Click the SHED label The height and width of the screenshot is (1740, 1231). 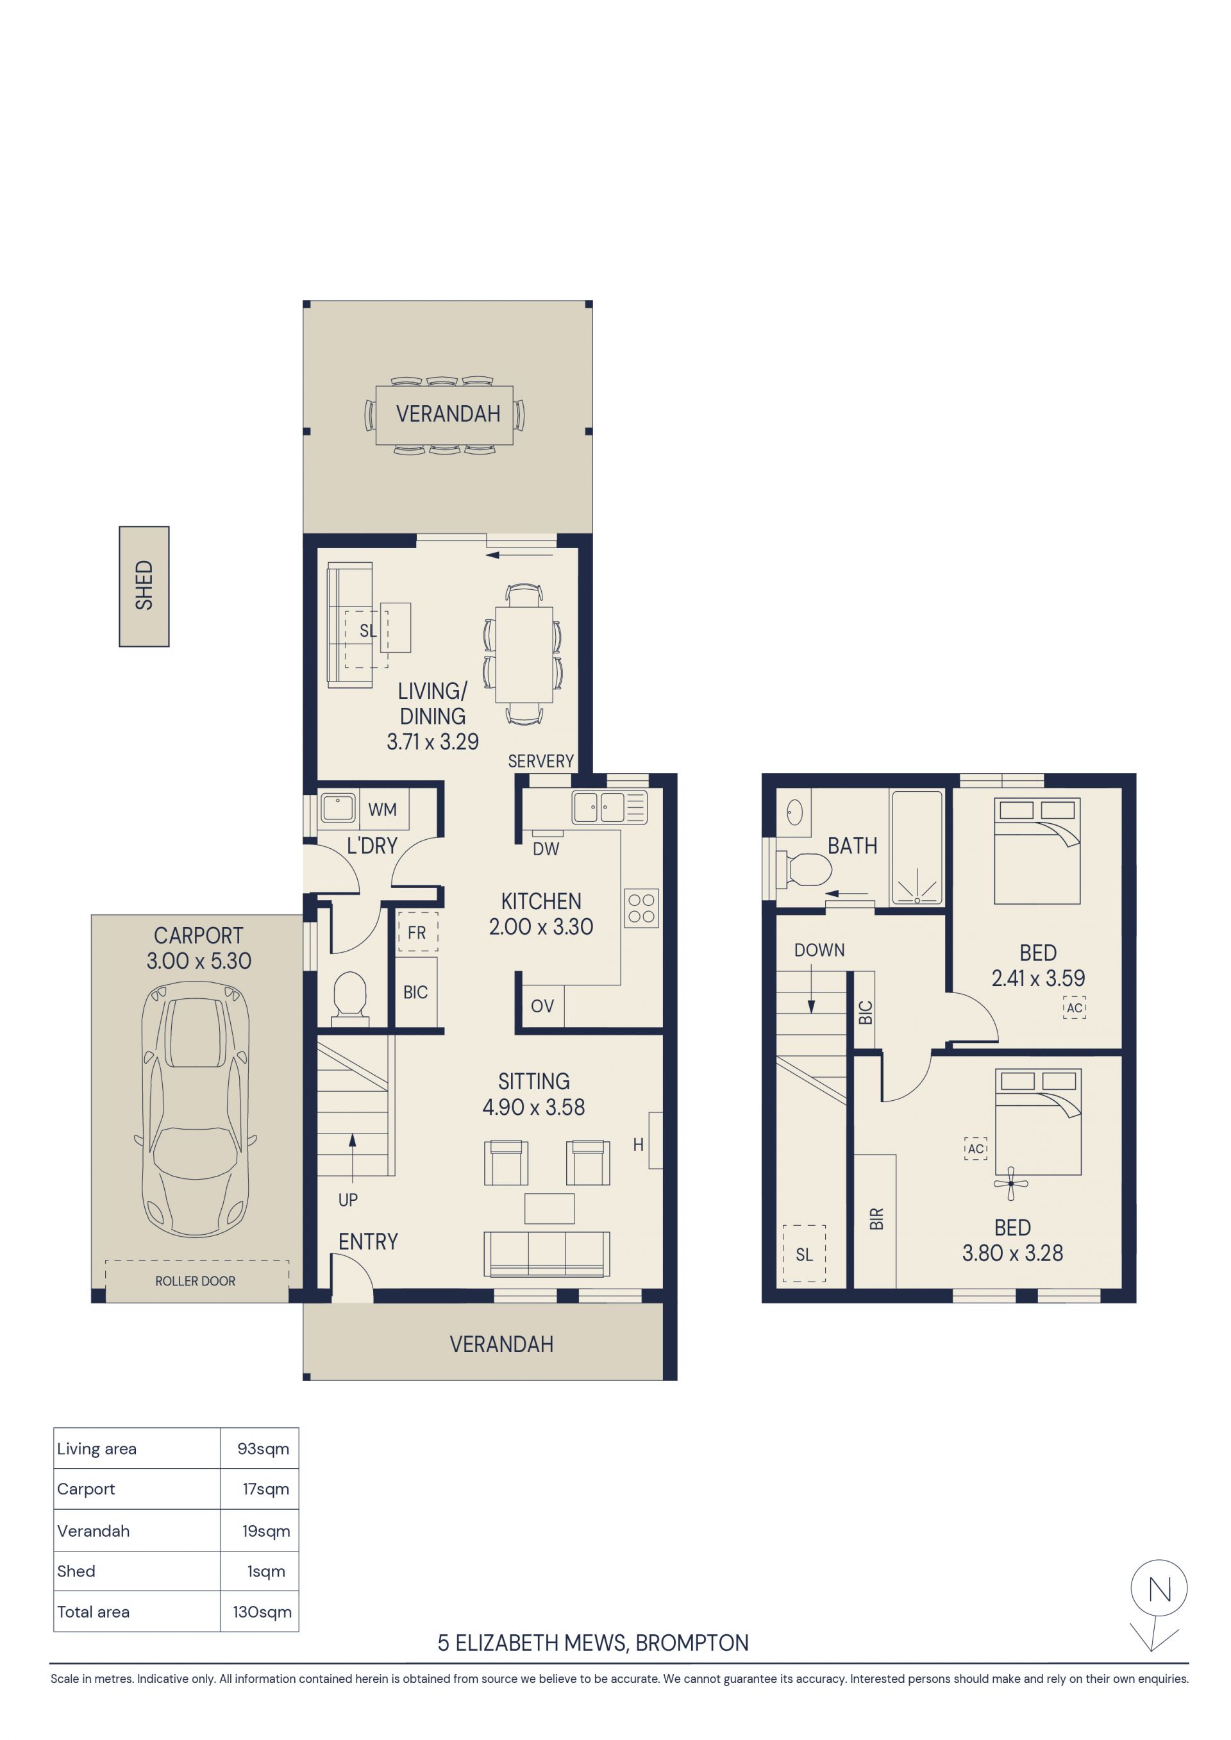(x=144, y=585)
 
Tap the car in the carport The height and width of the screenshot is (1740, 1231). (x=196, y=1108)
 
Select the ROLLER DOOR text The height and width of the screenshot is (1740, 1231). (x=196, y=1281)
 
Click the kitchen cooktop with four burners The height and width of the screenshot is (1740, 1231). (x=641, y=908)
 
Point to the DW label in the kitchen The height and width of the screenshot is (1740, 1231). (x=546, y=849)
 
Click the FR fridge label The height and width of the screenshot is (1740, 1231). (x=417, y=933)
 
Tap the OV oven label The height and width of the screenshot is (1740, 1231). (x=542, y=1007)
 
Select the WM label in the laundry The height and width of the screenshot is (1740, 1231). (x=382, y=809)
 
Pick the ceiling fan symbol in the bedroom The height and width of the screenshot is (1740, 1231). (x=1010, y=1184)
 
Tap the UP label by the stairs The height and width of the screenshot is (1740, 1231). (x=348, y=1200)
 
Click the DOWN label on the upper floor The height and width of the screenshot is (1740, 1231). (x=819, y=950)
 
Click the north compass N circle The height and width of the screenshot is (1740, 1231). (x=1159, y=1589)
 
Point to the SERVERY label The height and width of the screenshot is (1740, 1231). (x=540, y=761)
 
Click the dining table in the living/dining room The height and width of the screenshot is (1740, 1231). (x=524, y=655)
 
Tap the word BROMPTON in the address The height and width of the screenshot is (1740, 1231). (x=692, y=1643)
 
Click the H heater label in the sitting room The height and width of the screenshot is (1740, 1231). (x=638, y=1144)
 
